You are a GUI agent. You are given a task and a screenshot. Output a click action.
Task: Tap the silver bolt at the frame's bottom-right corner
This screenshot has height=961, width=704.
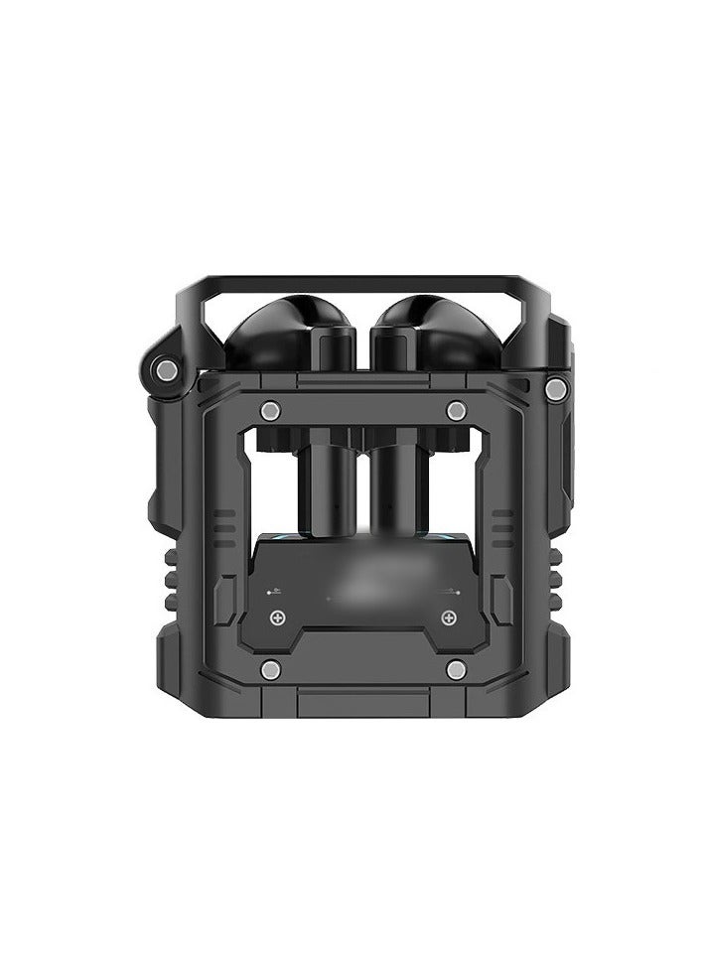coord(456,672)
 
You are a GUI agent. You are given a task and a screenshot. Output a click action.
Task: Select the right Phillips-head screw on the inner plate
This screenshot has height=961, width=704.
coord(449,618)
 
